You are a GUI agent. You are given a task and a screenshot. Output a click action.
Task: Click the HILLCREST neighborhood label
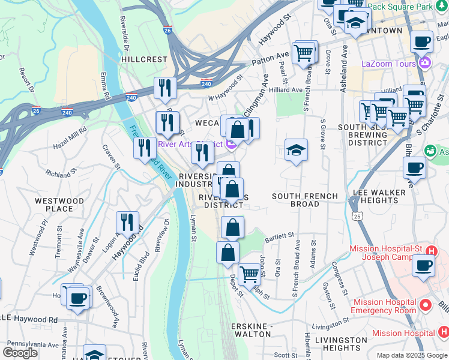[x=143, y=60]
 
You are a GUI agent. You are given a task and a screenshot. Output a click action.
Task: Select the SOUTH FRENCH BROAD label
[x=304, y=200]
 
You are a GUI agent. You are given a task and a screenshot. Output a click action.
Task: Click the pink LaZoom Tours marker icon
[x=426, y=62]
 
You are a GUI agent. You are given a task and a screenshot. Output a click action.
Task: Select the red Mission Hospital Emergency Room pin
[x=426, y=305]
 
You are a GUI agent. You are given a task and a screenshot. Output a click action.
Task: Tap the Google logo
[x=20, y=353]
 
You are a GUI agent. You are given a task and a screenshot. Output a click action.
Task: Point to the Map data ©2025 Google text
[x=412, y=355]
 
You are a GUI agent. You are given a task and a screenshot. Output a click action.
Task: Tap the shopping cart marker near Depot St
[x=249, y=274]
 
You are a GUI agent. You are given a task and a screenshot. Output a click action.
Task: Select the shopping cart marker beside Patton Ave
[x=304, y=53]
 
